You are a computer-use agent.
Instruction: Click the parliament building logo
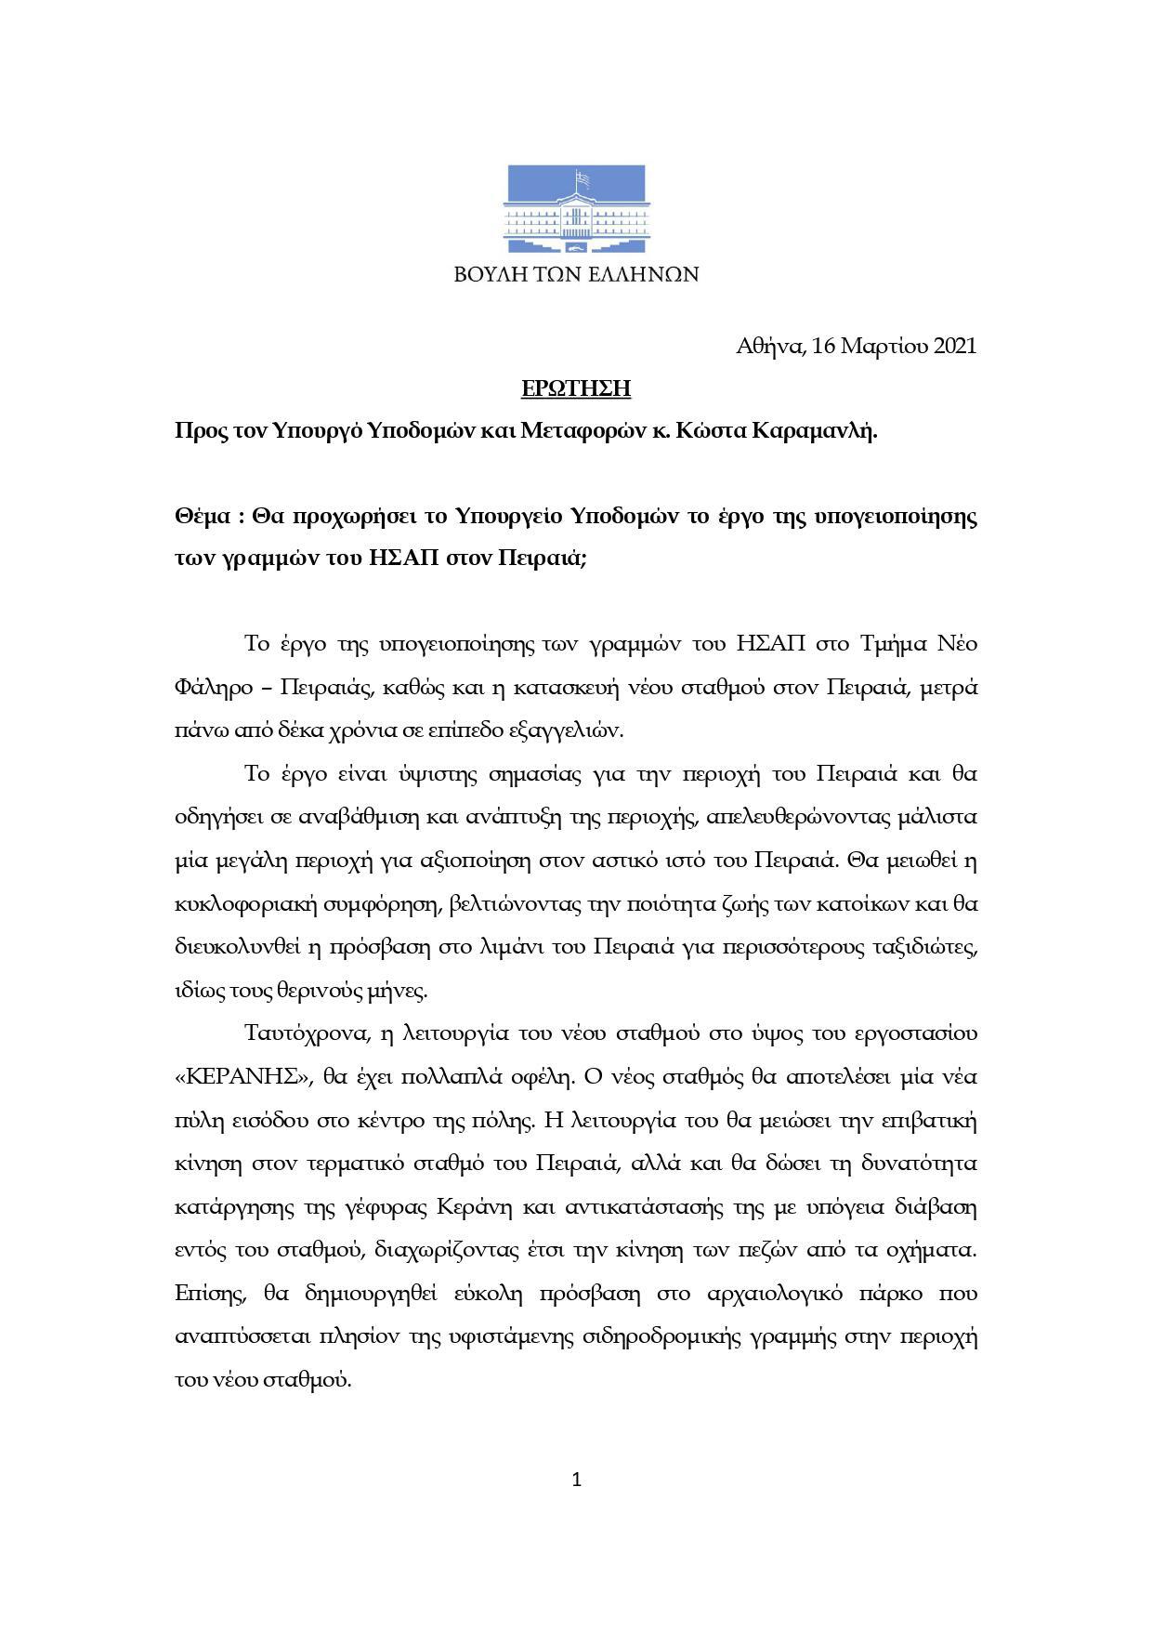coord(576,209)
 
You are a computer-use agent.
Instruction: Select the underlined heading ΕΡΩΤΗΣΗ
coord(576,388)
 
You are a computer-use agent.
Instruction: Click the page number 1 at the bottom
coord(576,1480)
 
